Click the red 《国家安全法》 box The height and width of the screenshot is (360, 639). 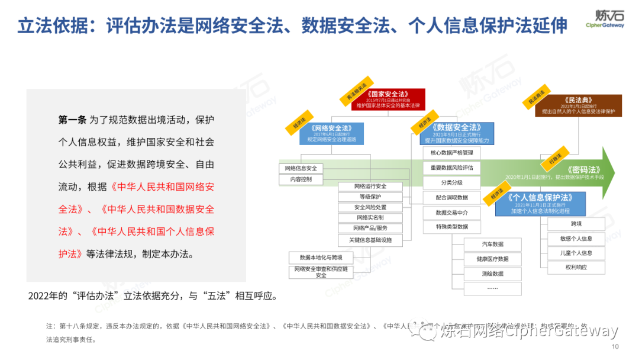click(x=388, y=99)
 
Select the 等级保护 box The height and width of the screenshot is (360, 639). click(x=370, y=197)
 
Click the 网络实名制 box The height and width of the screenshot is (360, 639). click(x=370, y=218)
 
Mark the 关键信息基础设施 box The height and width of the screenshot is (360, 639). click(x=370, y=240)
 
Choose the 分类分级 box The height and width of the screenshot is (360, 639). click(x=451, y=182)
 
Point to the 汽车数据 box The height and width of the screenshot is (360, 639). click(x=492, y=244)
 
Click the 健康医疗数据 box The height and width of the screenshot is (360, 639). click(x=492, y=259)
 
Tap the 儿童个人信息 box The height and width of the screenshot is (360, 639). click(x=576, y=253)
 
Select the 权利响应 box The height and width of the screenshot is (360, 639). click(x=576, y=267)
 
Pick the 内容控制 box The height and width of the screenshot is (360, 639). click(x=301, y=179)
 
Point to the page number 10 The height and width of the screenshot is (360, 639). click(x=615, y=347)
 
